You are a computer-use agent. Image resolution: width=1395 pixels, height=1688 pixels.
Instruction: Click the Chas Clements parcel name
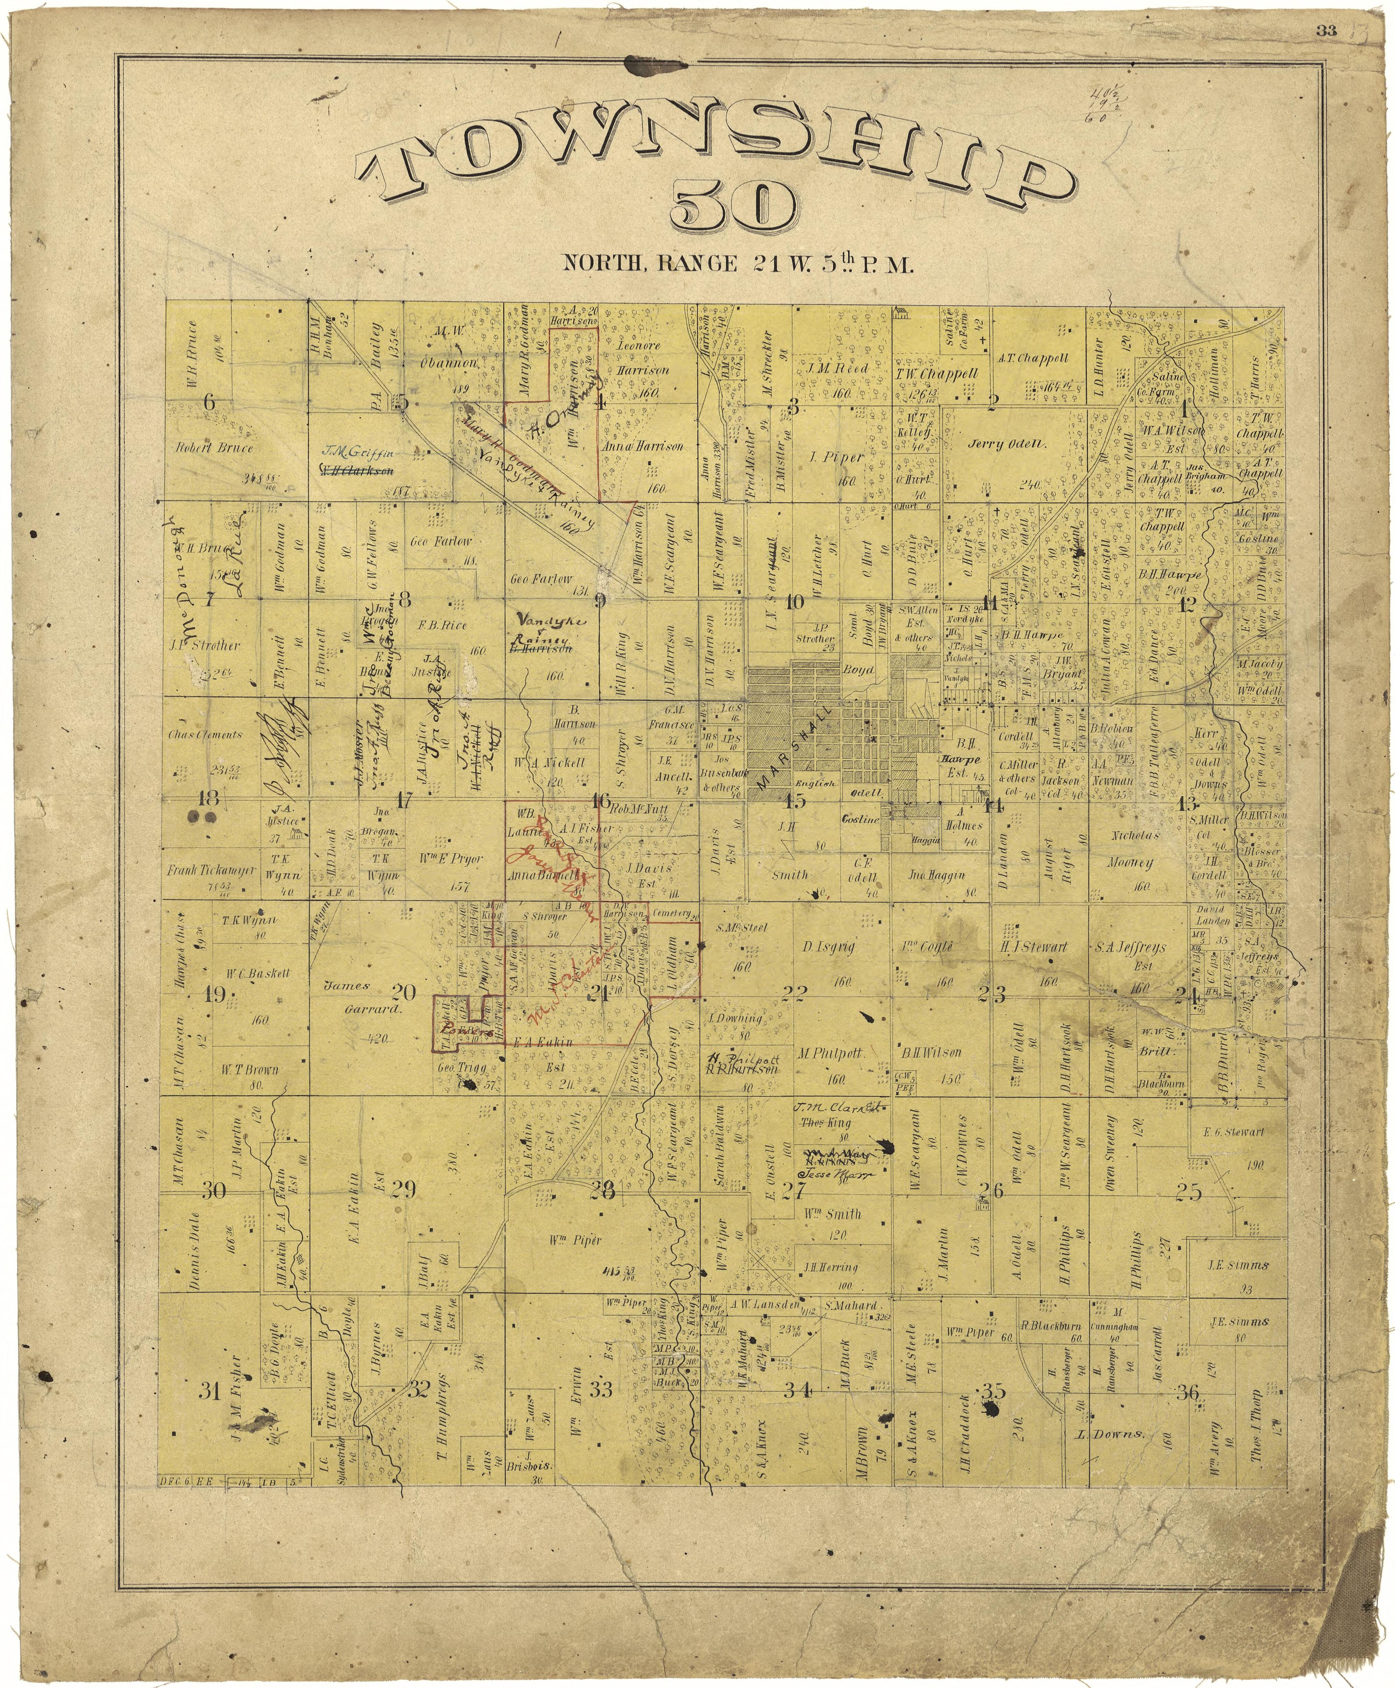(x=205, y=734)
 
